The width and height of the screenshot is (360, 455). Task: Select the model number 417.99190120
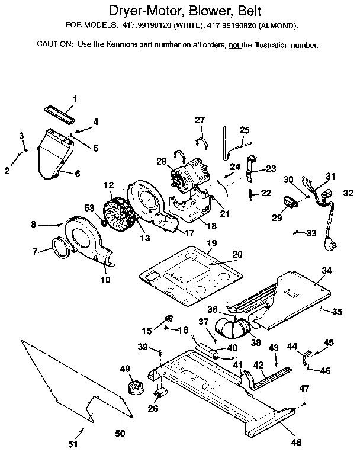[151, 26]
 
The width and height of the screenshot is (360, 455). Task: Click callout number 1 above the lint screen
[75, 98]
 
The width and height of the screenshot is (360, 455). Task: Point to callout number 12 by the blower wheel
[108, 185]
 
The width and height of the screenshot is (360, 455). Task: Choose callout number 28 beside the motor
[161, 162]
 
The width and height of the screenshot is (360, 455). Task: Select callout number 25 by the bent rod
[245, 130]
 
